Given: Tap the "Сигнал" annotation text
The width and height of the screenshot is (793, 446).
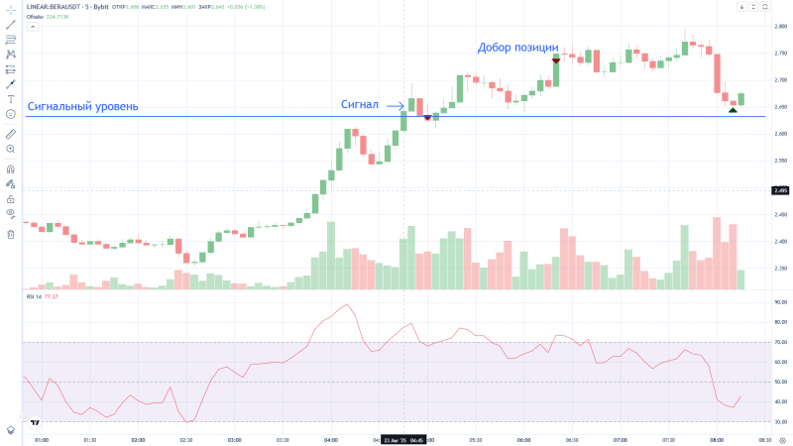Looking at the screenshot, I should [360, 104].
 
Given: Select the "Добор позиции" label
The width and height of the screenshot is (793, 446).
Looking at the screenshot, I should [518, 47].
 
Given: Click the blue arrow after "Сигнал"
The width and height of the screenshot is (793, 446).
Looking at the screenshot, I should [395, 105].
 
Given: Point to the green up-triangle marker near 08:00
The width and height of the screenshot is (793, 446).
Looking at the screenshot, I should [733, 109].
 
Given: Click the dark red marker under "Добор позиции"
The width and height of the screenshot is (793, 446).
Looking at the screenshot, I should [556, 60].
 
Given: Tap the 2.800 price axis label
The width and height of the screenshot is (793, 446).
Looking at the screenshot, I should [780, 26].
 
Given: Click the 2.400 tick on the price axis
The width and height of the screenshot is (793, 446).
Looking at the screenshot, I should [780, 241].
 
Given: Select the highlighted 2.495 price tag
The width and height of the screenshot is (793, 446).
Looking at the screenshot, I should [780, 189].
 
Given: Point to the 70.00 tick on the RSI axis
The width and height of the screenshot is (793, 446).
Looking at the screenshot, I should [780, 342].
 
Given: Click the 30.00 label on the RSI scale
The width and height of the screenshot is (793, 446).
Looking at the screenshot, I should [780, 421].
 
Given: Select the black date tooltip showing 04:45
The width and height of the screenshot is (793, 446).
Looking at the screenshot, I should [402, 438].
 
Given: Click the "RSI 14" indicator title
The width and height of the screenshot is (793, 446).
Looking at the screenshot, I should [35, 296].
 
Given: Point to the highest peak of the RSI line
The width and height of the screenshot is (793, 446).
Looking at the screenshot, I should [346, 305].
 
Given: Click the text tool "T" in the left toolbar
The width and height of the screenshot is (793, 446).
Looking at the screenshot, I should [10, 99].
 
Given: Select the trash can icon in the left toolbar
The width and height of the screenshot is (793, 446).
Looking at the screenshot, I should [10, 234].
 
